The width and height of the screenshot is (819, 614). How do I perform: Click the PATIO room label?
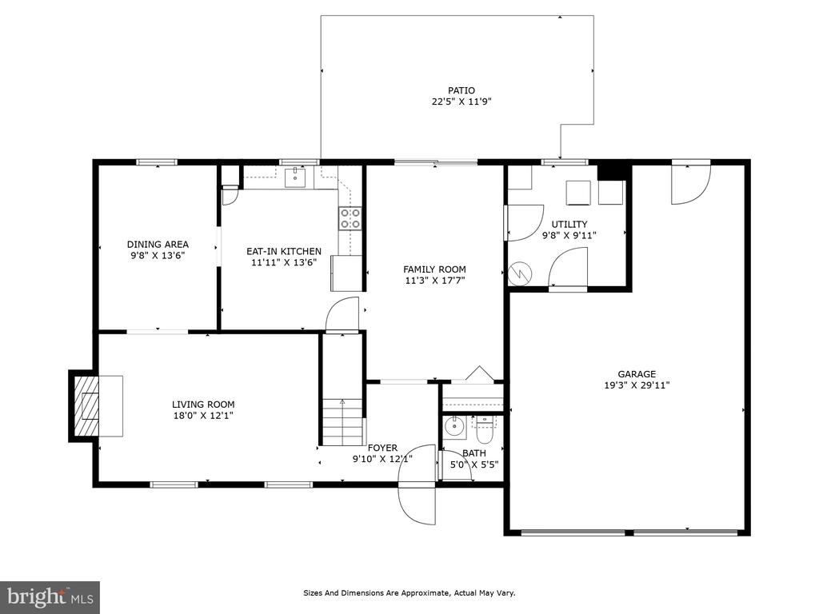pos(461,90)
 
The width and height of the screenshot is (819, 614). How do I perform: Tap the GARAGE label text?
pos(637,374)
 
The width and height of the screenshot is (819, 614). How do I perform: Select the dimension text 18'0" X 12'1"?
pos(203,416)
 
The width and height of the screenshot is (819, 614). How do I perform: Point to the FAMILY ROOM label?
pos(434,269)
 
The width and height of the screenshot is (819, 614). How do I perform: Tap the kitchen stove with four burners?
pos(350,218)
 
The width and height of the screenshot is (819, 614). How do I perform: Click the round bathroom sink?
pos(455,426)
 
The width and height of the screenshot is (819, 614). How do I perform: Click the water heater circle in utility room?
pos(520,273)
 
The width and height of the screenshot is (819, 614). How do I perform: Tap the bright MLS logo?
pos(50,596)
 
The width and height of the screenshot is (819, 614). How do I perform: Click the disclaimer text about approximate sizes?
pos(409,592)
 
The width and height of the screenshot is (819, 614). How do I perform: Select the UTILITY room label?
pos(569,224)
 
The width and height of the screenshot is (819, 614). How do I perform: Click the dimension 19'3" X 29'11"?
pos(637,385)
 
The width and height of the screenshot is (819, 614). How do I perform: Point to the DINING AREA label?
pos(158,244)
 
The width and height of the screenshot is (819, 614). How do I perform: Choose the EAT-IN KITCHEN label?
pos(284,251)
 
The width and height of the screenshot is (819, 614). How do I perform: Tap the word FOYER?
pos(382,448)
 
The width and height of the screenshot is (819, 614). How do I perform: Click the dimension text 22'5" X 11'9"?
pos(461,102)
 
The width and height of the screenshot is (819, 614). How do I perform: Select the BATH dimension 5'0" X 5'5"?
pos(474,464)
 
